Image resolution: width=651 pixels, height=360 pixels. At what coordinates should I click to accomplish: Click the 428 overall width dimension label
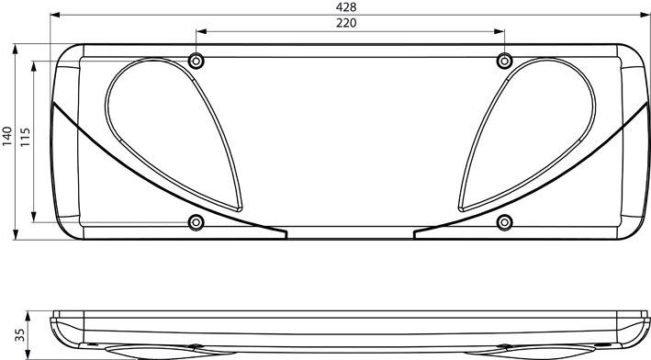346,6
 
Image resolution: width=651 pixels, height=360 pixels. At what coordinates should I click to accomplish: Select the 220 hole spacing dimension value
346,23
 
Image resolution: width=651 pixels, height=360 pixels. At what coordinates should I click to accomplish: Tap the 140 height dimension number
7,136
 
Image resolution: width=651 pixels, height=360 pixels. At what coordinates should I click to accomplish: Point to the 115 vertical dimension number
25,136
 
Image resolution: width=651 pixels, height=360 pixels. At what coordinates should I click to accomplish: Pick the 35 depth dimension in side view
19,334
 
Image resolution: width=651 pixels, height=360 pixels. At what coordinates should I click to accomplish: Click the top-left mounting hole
196,62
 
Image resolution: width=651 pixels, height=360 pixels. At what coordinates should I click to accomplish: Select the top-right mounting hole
504,62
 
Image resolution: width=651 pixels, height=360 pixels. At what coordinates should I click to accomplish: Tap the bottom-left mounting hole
196,222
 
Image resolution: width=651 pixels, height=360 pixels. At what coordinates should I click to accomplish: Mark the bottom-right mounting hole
504,222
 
